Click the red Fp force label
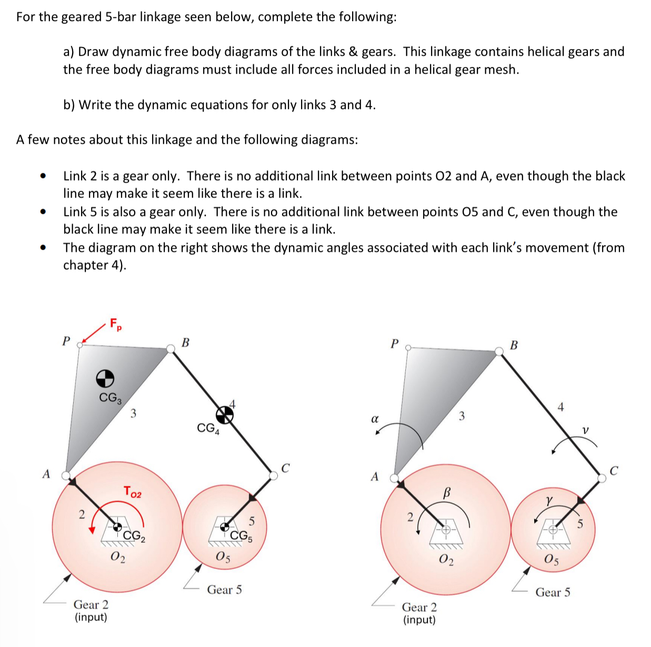pyautogui.click(x=116, y=324)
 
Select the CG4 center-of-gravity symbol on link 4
pyautogui.click(x=225, y=415)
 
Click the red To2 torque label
pyautogui.click(x=132, y=492)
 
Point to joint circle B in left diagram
pyautogui.click(x=171, y=348)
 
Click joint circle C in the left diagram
pyautogui.click(x=273, y=475)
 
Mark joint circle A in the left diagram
pyautogui.click(x=66, y=475)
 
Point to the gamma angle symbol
pyautogui.click(x=549, y=498)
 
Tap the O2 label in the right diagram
pyautogui.click(x=445, y=559)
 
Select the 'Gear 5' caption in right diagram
pyautogui.click(x=553, y=592)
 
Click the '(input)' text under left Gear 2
pyautogui.click(x=91, y=617)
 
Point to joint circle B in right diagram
pyautogui.click(x=499, y=351)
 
